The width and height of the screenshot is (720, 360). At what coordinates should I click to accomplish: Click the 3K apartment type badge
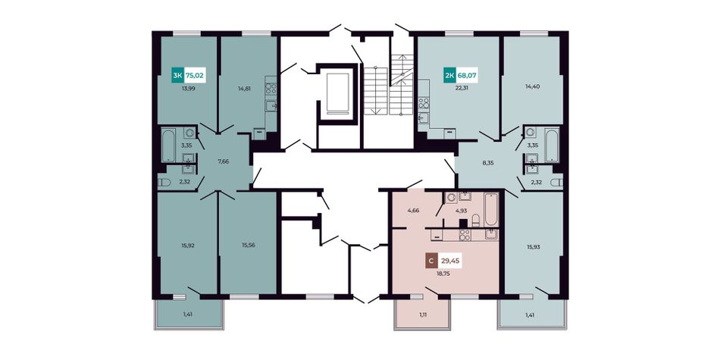[177, 74]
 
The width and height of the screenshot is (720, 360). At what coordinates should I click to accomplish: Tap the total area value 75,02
[195, 74]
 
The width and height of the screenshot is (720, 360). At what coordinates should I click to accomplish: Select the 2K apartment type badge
[449, 74]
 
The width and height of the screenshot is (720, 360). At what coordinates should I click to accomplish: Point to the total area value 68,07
[467, 74]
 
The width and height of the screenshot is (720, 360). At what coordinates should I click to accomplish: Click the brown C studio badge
[430, 261]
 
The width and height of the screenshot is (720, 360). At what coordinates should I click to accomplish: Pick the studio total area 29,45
[450, 261]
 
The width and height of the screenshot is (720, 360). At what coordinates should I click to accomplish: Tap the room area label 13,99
[189, 89]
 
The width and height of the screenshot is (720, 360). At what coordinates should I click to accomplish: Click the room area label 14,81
[246, 89]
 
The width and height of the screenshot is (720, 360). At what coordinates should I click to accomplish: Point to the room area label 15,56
[249, 246]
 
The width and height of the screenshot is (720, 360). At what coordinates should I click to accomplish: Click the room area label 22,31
[461, 89]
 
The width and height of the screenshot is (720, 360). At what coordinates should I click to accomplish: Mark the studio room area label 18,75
[443, 272]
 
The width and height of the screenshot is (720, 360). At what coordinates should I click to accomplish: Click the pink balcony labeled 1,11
[421, 315]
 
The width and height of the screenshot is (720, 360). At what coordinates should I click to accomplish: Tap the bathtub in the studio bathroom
[491, 209]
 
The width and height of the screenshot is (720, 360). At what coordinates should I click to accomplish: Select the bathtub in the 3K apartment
[168, 146]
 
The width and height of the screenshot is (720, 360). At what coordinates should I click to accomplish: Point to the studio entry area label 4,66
[414, 211]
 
